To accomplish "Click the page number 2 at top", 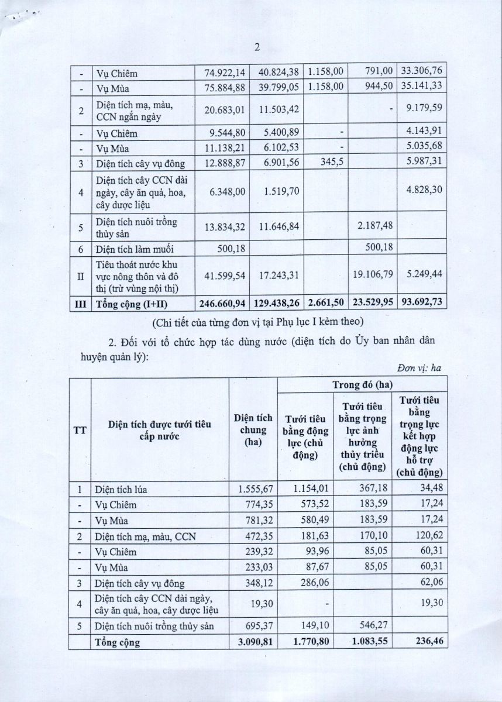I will click(256, 49).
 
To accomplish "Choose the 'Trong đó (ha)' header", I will click(363, 384).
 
